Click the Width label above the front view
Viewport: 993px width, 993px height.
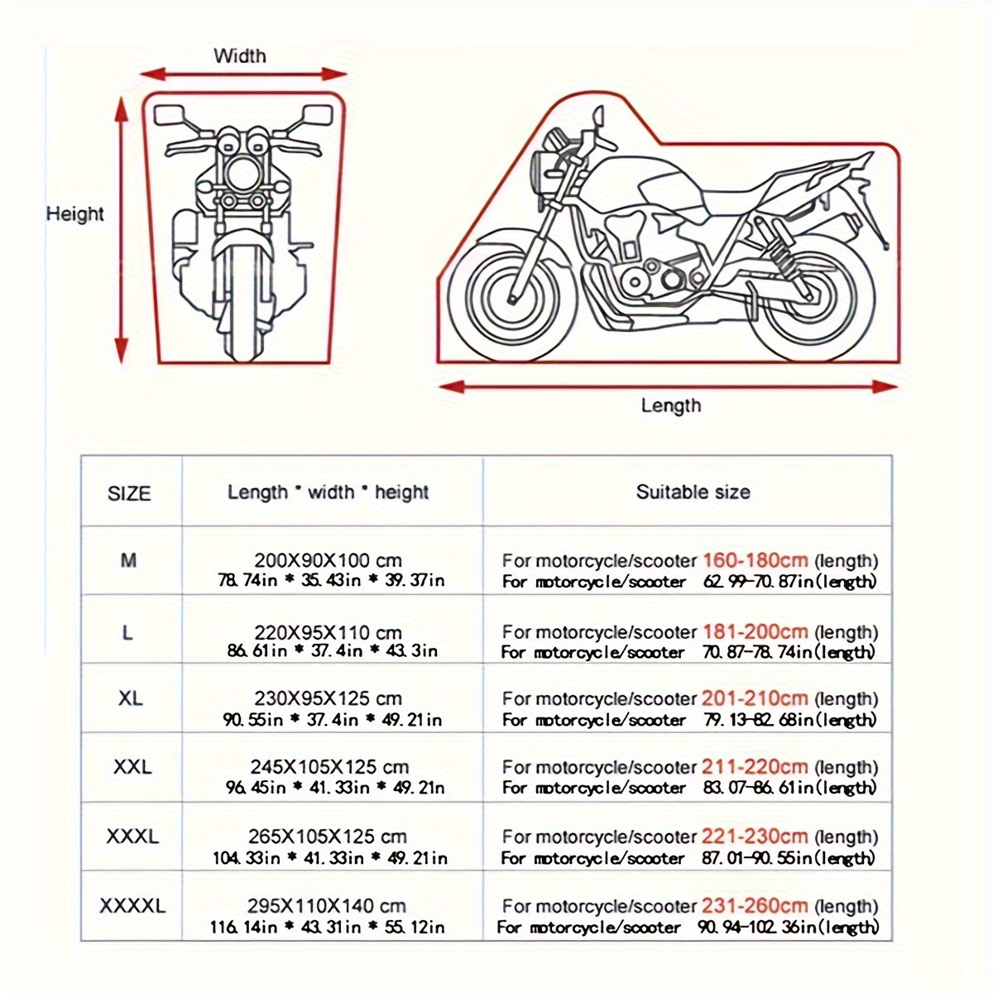pyautogui.click(x=240, y=56)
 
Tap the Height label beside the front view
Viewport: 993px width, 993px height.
pyautogui.click(x=75, y=214)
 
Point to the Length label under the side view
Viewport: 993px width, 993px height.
pyautogui.click(x=670, y=405)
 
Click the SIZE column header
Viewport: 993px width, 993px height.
pyautogui.click(x=130, y=494)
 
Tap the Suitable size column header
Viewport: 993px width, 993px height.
pyautogui.click(x=693, y=492)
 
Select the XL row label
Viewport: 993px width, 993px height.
pyautogui.click(x=130, y=698)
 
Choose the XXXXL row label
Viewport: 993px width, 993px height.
pyautogui.click(x=132, y=906)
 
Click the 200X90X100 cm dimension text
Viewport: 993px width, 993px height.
pyautogui.click(x=328, y=560)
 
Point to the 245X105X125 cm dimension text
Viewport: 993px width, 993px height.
pyautogui.click(x=329, y=768)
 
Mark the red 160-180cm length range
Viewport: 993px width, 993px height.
pyautogui.click(x=755, y=560)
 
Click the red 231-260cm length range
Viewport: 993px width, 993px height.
pyautogui.click(x=755, y=906)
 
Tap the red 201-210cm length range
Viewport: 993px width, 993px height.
pyautogui.click(x=755, y=698)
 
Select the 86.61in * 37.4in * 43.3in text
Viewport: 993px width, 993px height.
pyautogui.click(x=333, y=650)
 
